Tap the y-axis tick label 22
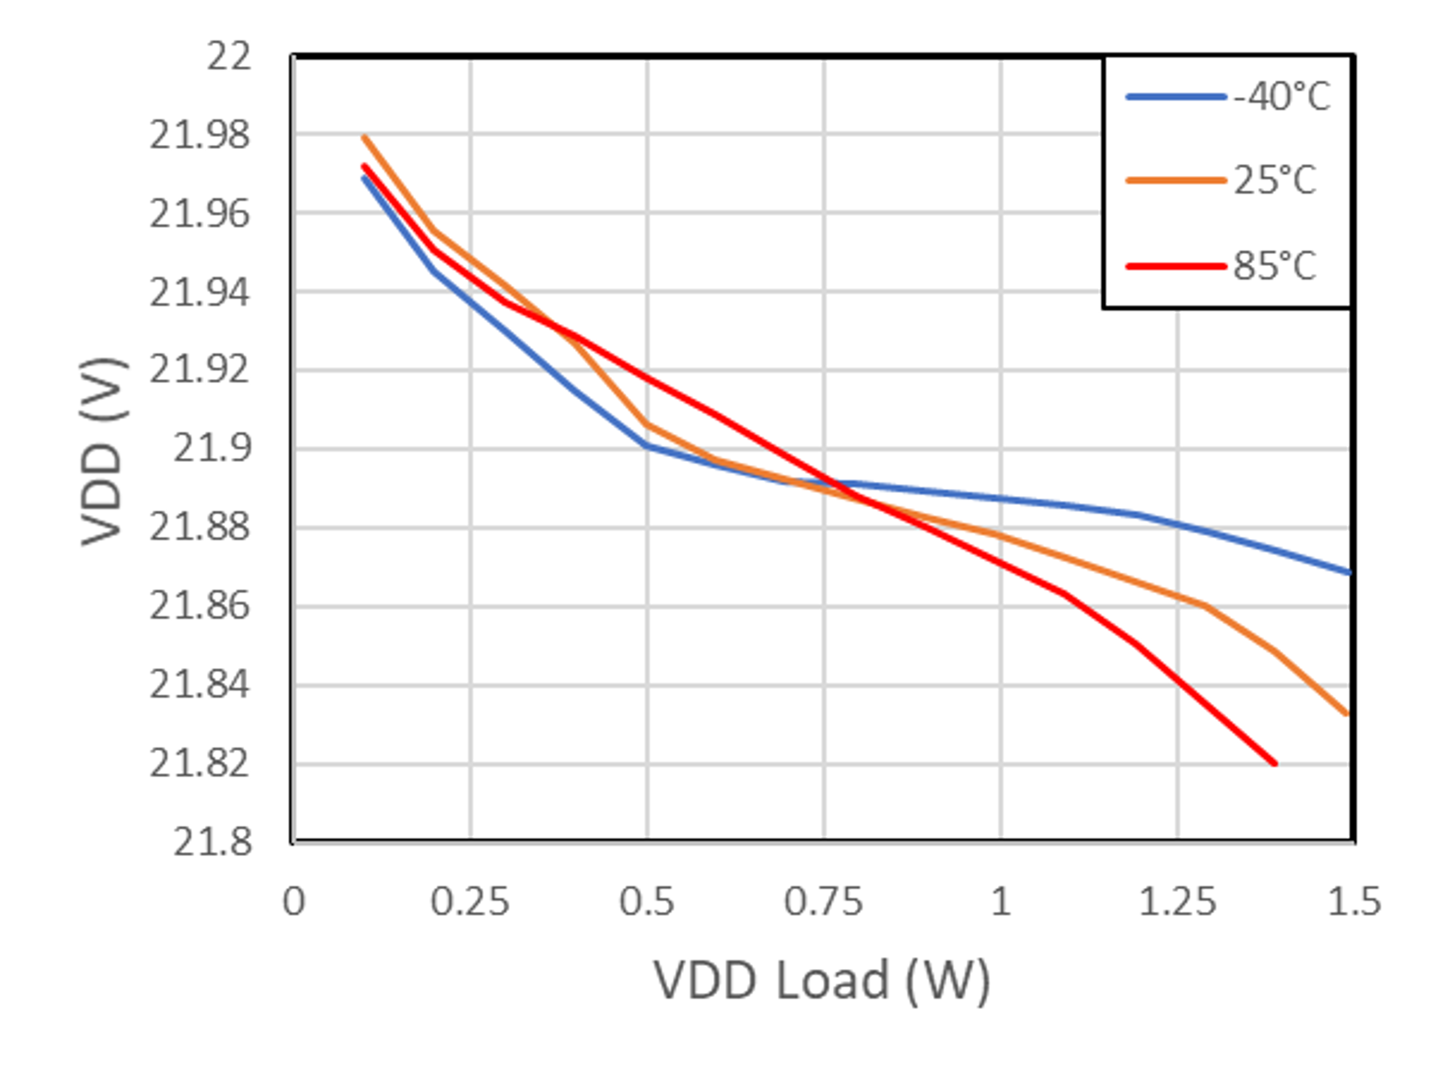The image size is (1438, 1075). [x=228, y=57]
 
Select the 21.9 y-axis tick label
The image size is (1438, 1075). [x=212, y=449]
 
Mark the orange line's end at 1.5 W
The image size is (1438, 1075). [x=1347, y=714]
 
